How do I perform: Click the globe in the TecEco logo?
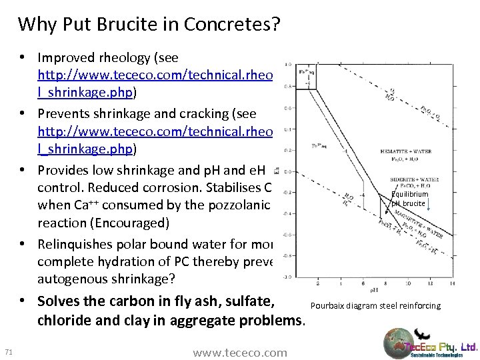399,345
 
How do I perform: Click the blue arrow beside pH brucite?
430,207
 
